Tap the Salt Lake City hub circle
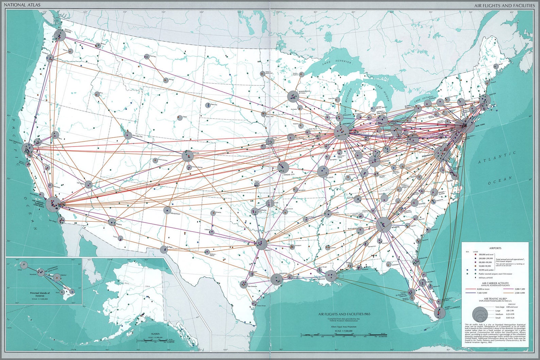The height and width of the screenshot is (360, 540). (x=128, y=136)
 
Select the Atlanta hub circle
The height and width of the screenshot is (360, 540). (x=383, y=225)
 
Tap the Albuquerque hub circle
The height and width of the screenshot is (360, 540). (x=167, y=210)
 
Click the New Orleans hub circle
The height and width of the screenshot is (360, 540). (x=331, y=275)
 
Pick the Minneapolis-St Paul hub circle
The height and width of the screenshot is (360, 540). (x=293, y=97)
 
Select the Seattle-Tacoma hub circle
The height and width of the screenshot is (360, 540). (x=60, y=35)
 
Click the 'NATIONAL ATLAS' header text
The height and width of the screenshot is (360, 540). (x=20, y=5)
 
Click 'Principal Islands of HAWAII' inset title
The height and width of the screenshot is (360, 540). (x=39, y=294)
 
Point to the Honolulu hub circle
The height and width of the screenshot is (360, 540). (x=41, y=272)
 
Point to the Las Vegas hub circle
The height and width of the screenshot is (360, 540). (x=88, y=185)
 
